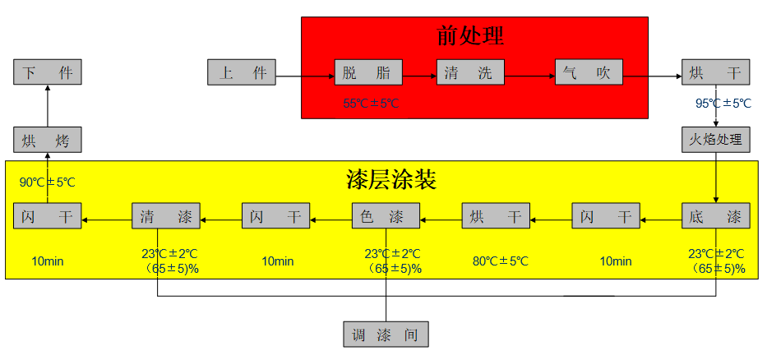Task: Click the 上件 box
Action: coord(242,72)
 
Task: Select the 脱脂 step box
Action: coord(368,72)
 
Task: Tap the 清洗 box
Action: coord(470,72)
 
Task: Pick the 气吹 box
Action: coord(589,72)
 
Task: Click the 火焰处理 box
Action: coord(716,140)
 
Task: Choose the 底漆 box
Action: coord(716,215)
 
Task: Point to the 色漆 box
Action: coord(386,215)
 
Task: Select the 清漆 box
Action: coord(166,215)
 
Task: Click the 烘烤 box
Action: coord(48,140)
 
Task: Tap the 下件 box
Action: coord(48,72)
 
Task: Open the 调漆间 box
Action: coord(386,335)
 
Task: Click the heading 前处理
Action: coord(470,35)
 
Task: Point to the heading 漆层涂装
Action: coord(390,181)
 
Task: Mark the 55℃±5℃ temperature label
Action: coord(372,104)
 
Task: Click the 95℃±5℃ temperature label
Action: coord(723,104)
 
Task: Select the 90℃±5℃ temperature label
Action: coord(48,182)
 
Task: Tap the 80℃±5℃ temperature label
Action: coord(501,261)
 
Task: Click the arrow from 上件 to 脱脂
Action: coord(305,76)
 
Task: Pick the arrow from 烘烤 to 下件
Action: coord(48,106)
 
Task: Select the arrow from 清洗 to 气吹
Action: coord(530,76)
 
